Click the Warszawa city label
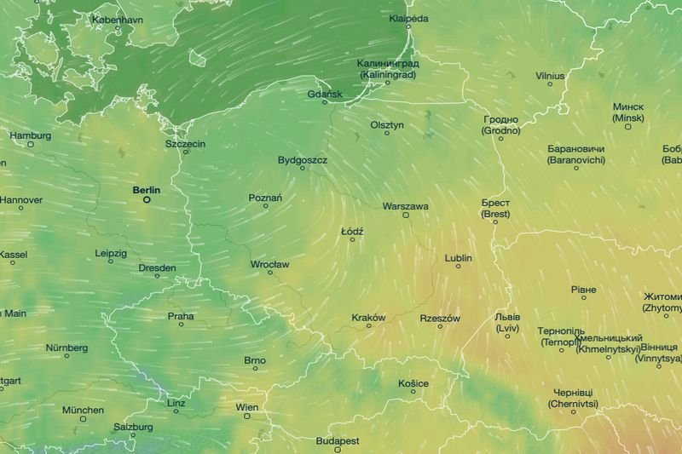(x=406, y=206)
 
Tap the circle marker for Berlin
(x=147, y=200)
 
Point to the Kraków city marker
(x=369, y=326)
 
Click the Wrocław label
(x=269, y=264)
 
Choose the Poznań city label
(x=265, y=198)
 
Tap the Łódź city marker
(x=351, y=239)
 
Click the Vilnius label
(x=550, y=76)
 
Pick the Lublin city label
(x=458, y=258)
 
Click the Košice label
(x=413, y=383)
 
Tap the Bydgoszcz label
(x=303, y=159)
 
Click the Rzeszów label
(x=440, y=319)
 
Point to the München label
(x=83, y=410)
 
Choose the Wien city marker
(x=246, y=416)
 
